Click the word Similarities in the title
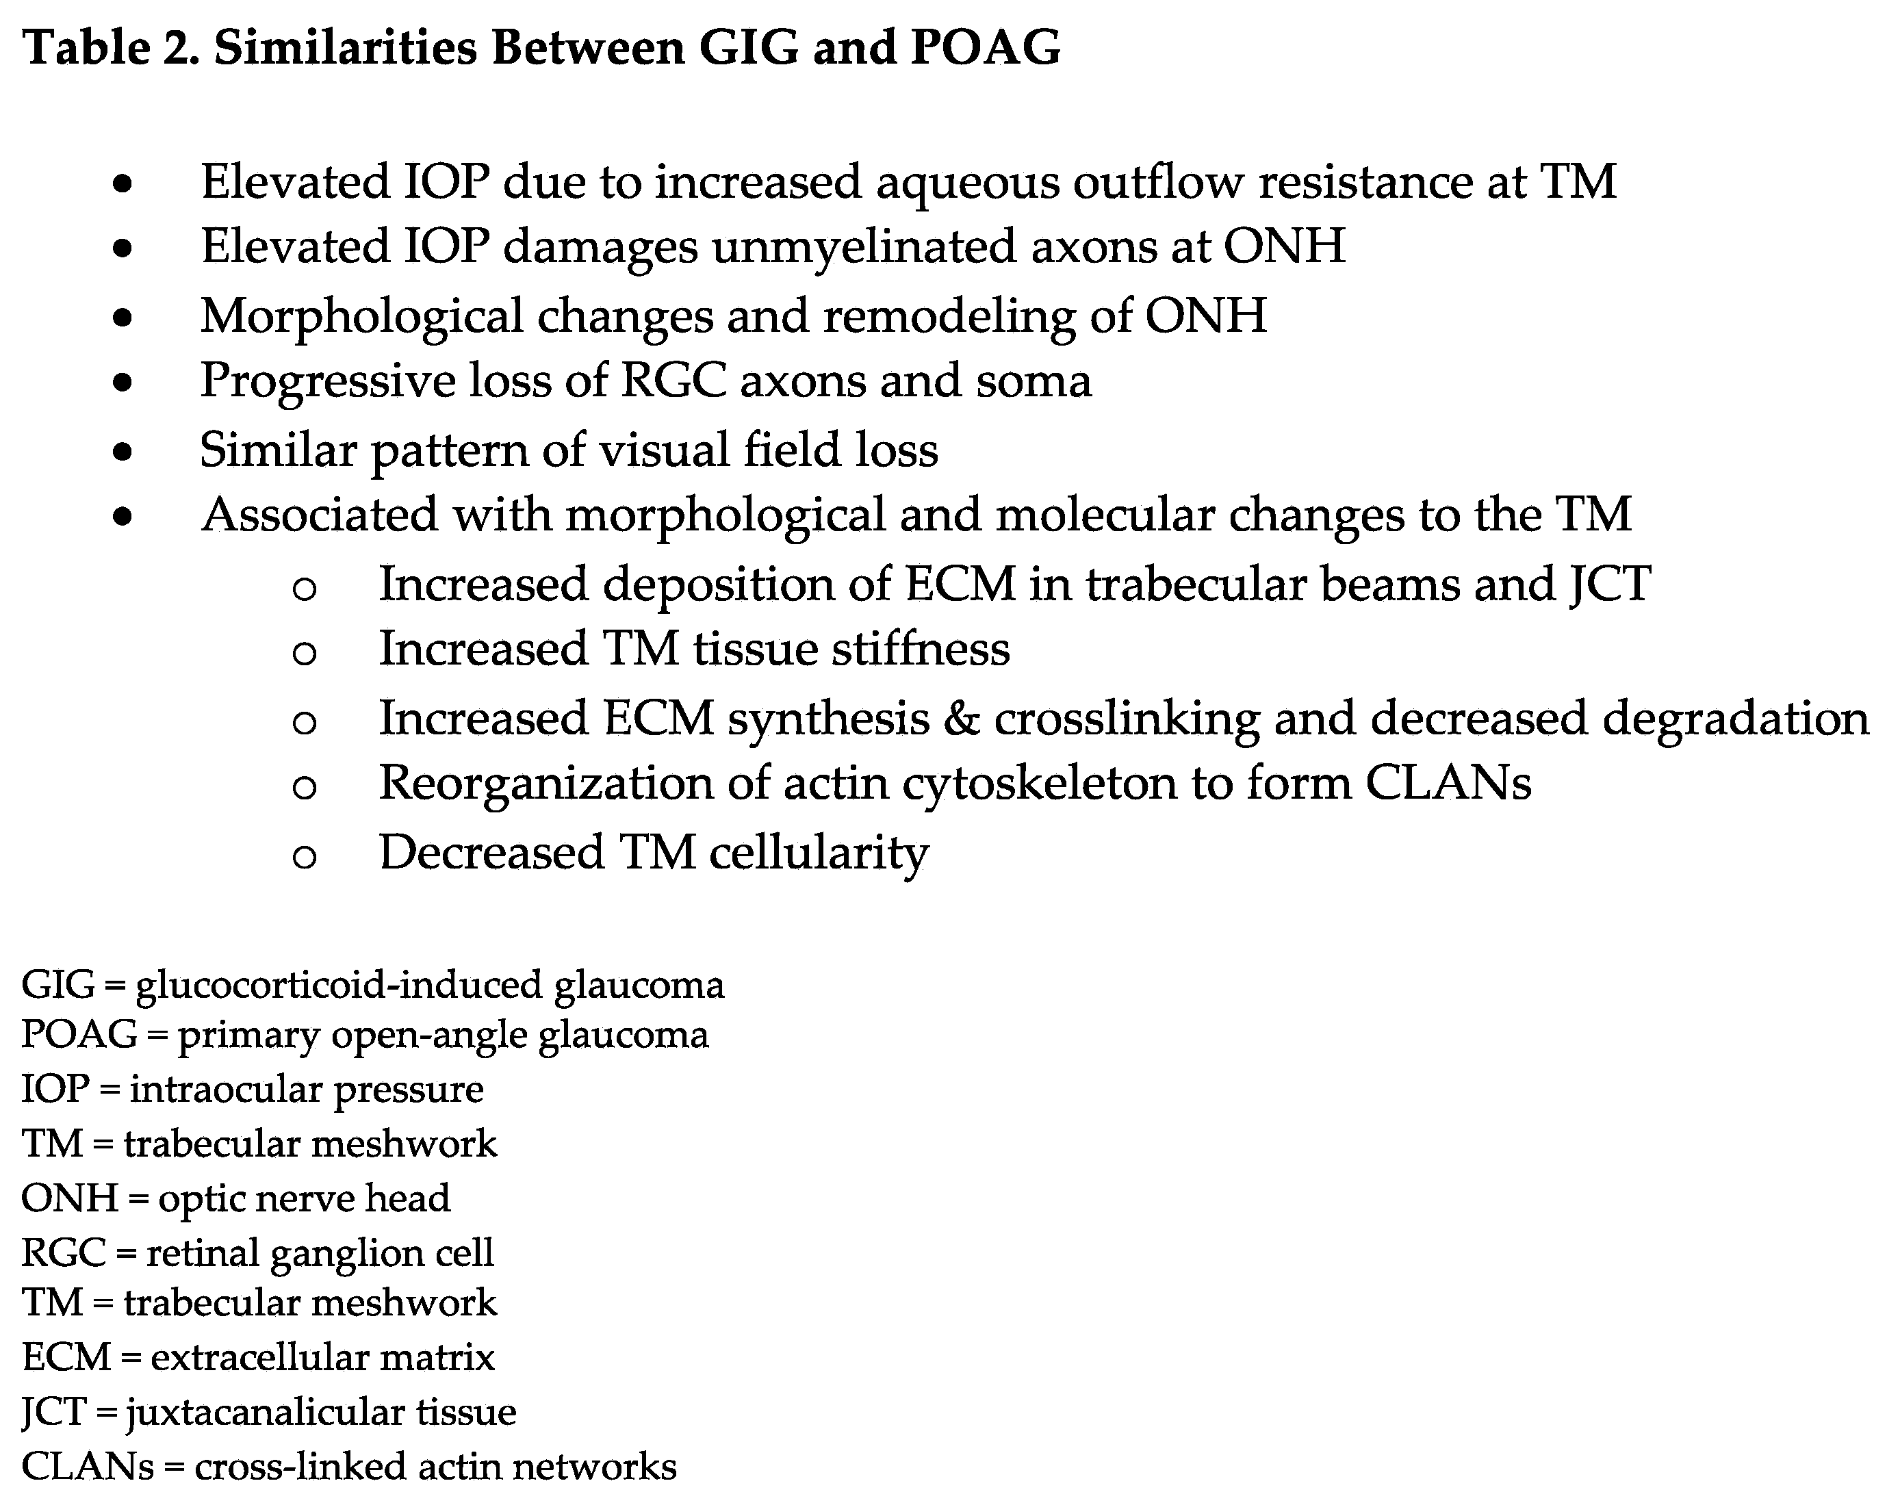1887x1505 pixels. [345, 47]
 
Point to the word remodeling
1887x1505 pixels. [948, 316]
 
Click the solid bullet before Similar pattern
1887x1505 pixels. [123, 452]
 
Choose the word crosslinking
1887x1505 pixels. [1127, 719]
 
